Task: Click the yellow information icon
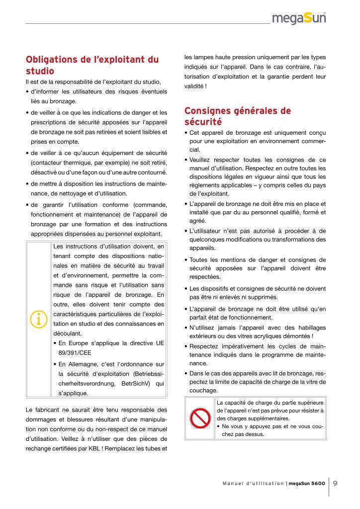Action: pyautogui.click(x=38, y=319)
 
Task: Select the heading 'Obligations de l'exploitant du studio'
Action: pyautogui.click(x=92, y=65)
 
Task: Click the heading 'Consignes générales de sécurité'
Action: pyautogui.click(x=238, y=116)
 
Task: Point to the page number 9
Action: pyautogui.click(x=336, y=483)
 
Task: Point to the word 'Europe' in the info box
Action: pyautogui.click(x=79, y=343)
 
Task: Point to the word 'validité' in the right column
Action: pyautogui.click(x=193, y=86)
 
